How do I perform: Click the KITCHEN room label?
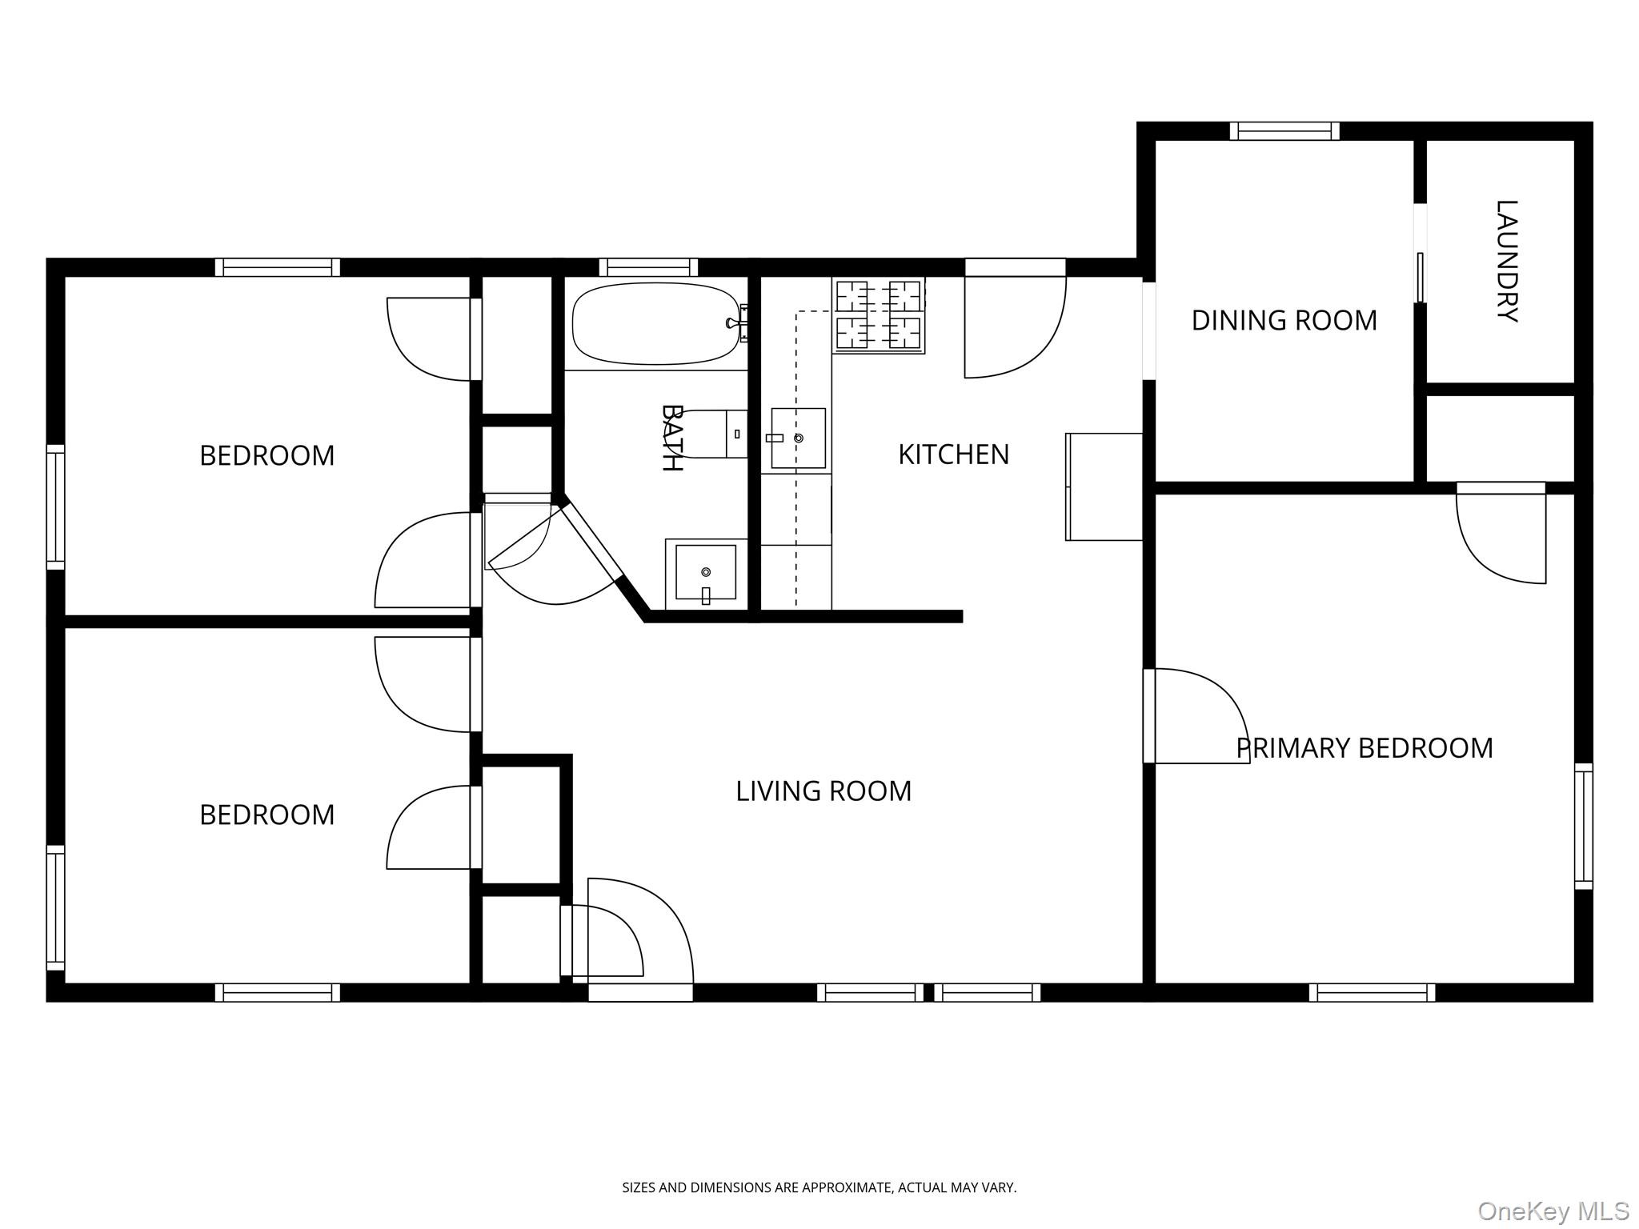tap(953, 454)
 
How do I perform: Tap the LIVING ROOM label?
tap(824, 791)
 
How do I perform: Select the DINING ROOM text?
tap(1284, 321)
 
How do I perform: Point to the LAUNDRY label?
tap(1506, 261)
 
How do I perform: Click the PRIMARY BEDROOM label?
tap(1364, 748)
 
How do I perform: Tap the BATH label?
tap(671, 438)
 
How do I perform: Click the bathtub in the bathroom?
tap(656, 323)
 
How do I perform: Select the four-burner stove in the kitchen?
tap(879, 315)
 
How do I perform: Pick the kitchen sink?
tap(798, 438)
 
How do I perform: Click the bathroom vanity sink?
tap(705, 572)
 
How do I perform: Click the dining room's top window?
tap(1284, 131)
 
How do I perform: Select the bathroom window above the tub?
tap(648, 267)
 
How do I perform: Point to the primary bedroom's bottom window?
tap(1372, 993)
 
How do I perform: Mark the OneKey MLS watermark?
tap(1553, 1211)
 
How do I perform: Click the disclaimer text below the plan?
tap(819, 1188)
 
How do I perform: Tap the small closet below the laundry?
tap(1501, 438)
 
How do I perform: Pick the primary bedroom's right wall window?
tap(1584, 827)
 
